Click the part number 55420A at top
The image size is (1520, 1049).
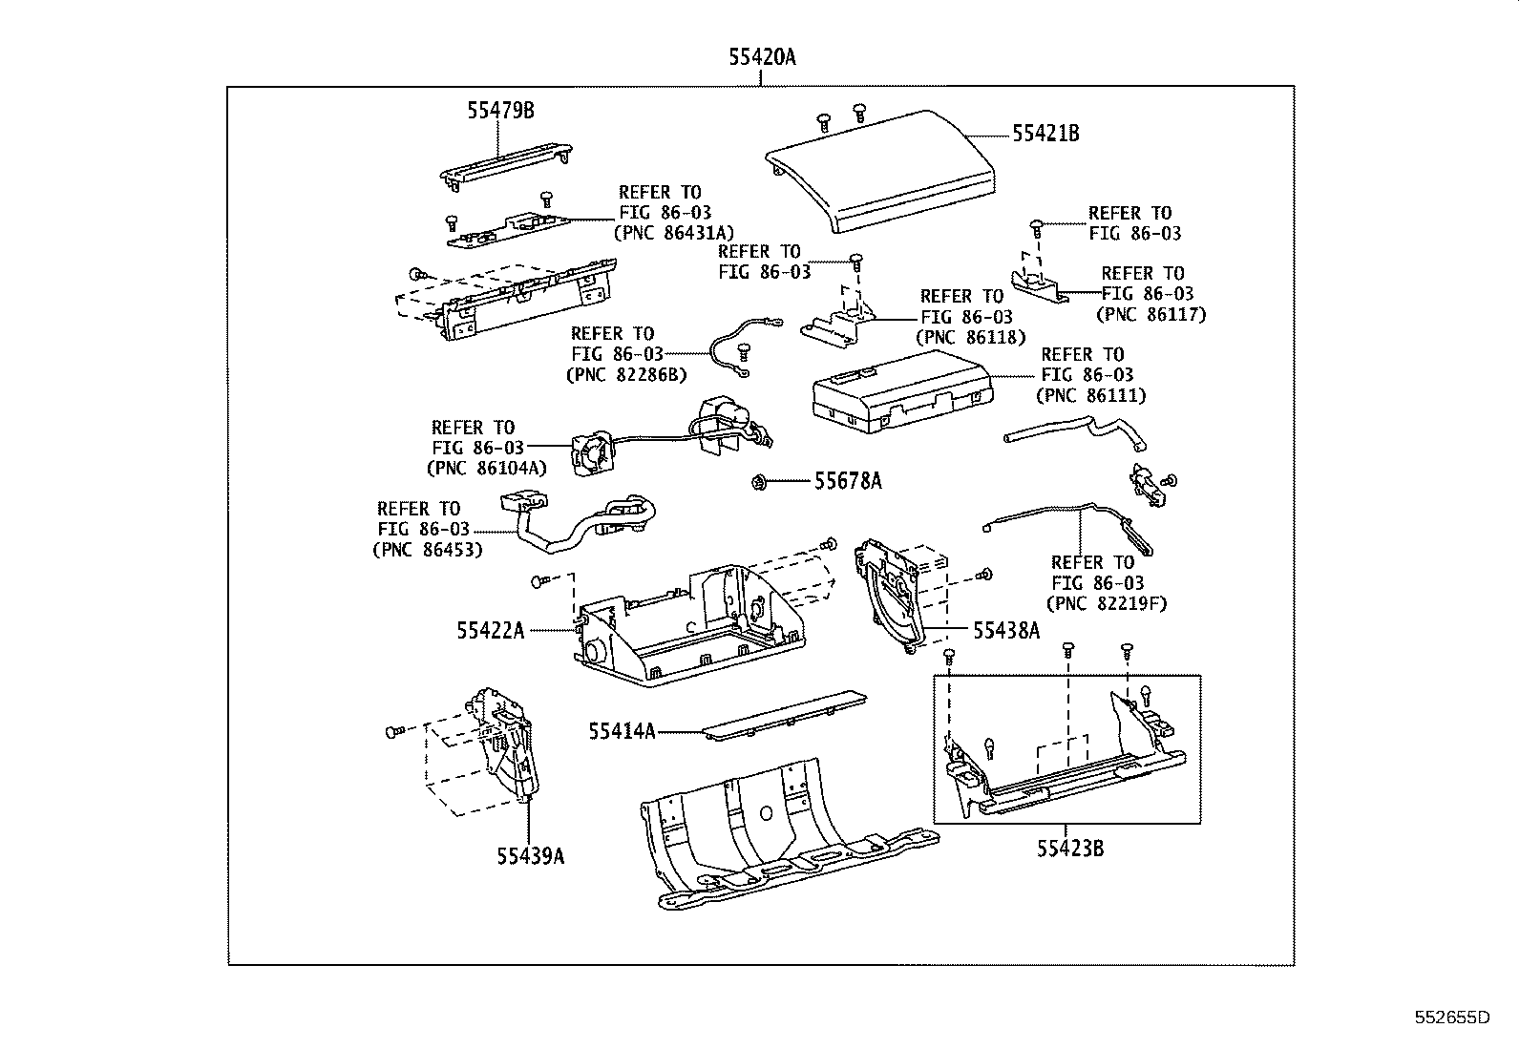(x=761, y=57)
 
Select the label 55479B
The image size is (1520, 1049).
(x=500, y=111)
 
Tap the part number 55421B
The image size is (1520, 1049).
(x=1045, y=134)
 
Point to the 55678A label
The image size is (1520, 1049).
(x=848, y=481)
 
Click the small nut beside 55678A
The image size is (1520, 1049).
(x=757, y=481)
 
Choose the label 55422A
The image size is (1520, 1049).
(x=490, y=630)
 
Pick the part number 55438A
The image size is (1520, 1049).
(x=1005, y=630)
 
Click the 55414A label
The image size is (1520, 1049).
(x=622, y=732)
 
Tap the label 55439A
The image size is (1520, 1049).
(x=530, y=856)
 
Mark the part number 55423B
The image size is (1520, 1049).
(x=1070, y=848)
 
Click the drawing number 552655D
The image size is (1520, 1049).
(x=1451, y=1018)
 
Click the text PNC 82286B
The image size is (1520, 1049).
(x=626, y=374)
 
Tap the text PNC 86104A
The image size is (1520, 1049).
(x=486, y=468)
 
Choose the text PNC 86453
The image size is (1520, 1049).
(x=427, y=549)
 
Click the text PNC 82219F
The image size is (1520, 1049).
(x=1107, y=603)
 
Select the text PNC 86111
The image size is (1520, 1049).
(x=1092, y=395)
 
